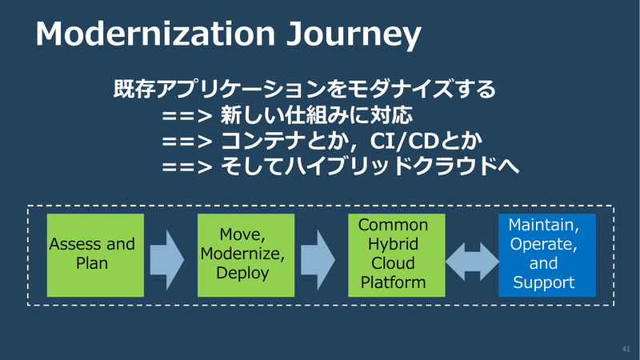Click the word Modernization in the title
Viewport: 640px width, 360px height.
pos(155,34)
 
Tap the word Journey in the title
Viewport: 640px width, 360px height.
pos(354,36)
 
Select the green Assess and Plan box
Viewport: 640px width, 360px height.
pos(95,255)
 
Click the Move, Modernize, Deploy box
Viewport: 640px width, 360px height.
pos(246,255)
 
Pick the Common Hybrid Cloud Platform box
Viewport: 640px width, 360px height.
pos(396,255)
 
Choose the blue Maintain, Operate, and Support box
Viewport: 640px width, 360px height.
pos(547,255)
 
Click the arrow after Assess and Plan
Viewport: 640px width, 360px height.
pos(167,259)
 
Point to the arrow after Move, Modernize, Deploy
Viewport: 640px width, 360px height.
pos(318,259)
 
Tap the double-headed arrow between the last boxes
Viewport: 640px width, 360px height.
pos(472,262)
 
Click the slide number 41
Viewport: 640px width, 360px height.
pos(626,349)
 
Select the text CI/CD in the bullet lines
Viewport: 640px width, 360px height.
pos(404,142)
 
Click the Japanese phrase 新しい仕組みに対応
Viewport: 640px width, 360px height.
pos(317,115)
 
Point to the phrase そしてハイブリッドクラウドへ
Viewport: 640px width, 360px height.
pos(370,166)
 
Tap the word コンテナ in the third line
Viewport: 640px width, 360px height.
pos(263,142)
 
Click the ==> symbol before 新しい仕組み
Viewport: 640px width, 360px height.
pos(187,116)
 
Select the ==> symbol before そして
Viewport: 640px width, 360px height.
pos(187,167)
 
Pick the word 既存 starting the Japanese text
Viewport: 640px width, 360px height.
pos(134,89)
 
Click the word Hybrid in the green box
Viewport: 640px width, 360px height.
pos(393,244)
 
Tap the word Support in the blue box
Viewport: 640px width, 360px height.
pos(544,282)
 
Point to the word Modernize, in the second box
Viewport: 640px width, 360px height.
pos(243,254)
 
